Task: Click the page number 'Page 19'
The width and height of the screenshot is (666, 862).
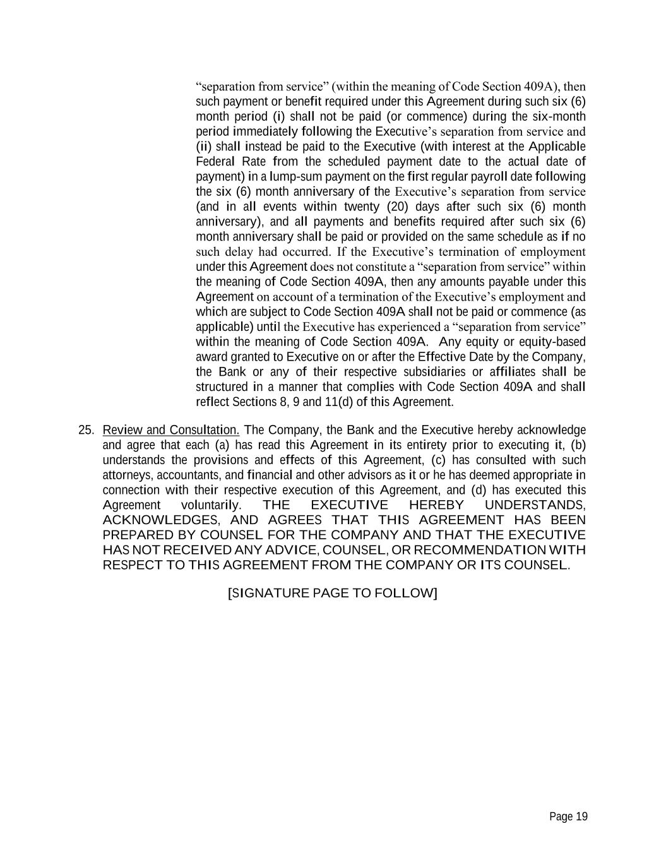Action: pos(568,817)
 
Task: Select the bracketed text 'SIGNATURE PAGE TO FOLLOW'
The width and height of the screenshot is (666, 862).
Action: pos(332,593)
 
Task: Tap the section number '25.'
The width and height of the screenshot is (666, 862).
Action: pos(86,430)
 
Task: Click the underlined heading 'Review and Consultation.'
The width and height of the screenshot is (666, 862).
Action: pos(170,430)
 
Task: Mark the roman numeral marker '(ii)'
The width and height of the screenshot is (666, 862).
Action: pos(205,147)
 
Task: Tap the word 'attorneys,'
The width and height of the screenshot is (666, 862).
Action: pos(128,475)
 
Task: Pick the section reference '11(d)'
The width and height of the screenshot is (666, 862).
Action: pos(339,402)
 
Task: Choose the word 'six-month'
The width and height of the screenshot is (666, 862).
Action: pos(559,117)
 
